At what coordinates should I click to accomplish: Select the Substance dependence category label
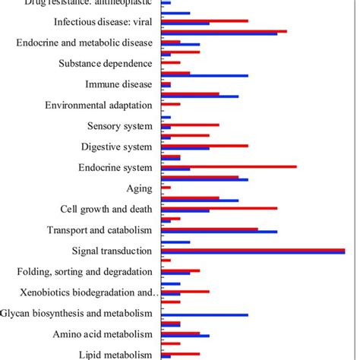pos(106,64)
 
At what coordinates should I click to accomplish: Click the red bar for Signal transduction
pos(254,249)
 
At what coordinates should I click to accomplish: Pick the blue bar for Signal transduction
pos(254,253)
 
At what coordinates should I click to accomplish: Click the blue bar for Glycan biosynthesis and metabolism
pos(205,314)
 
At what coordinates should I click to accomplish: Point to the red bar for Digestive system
pos(205,145)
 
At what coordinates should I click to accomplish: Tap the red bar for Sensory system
pos(191,125)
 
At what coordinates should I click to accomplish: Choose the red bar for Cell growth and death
pos(219,207)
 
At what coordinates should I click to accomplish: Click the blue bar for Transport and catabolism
pos(219,232)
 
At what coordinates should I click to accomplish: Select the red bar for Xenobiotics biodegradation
pos(186,291)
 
